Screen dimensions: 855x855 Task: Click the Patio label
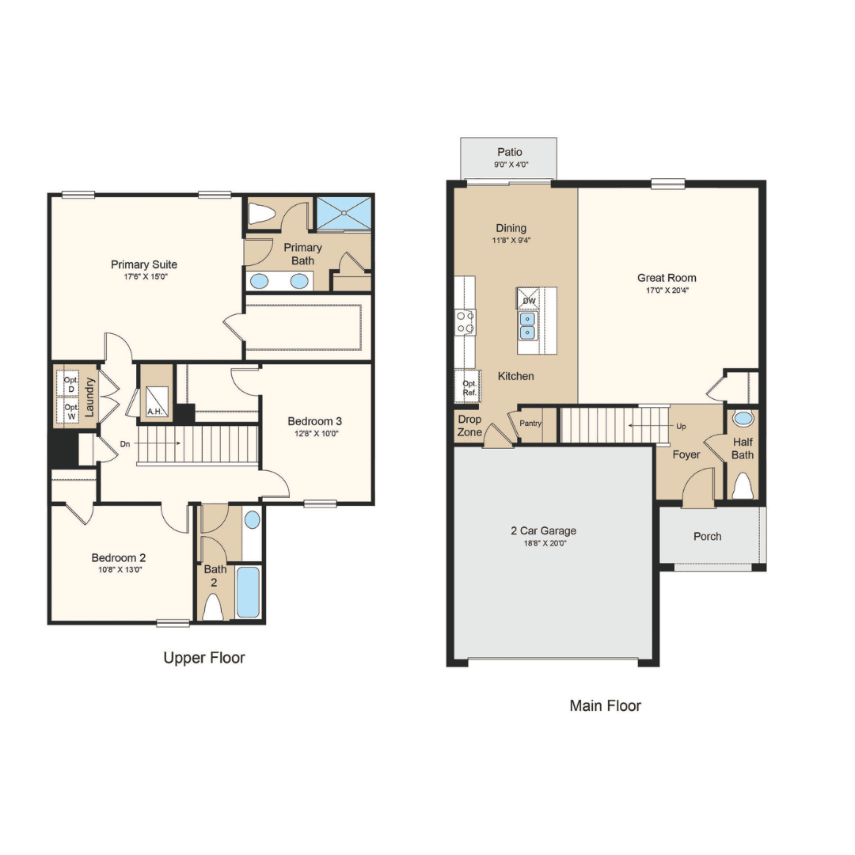pos(509,152)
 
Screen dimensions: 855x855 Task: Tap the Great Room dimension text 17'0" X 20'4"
pos(667,290)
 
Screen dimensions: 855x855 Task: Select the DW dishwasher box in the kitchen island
pos(528,298)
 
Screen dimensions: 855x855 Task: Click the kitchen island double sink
pos(527,325)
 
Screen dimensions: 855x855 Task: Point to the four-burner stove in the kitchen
pos(465,322)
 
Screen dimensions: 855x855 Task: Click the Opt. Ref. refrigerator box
pos(469,386)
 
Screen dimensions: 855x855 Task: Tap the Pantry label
pos(530,423)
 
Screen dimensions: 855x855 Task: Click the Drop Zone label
pos(469,426)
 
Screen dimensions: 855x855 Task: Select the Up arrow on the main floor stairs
pos(649,425)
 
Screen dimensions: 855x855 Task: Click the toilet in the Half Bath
pos(742,485)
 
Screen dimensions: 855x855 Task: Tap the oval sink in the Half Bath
pos(743,419)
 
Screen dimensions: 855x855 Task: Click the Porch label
pos(707,537)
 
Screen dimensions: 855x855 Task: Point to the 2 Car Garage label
pos(543,530)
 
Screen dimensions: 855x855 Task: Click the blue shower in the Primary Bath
pos(344,213)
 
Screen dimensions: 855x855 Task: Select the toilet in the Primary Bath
pos(261,214)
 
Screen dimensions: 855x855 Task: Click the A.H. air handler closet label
pos(154,412)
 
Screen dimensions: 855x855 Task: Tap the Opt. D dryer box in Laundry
pos(71,385)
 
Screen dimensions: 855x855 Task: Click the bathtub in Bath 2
pos(248,592)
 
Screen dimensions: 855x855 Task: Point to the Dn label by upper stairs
pos(125,444)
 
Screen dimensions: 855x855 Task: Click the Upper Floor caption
pos(204,658)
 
